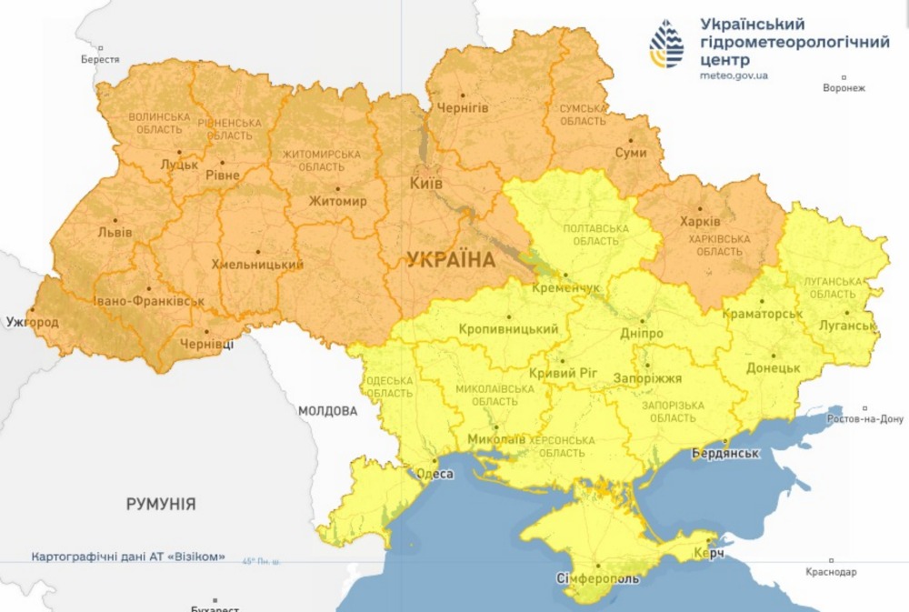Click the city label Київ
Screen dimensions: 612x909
425,183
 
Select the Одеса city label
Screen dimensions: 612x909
434,473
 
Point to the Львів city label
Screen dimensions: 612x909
115,232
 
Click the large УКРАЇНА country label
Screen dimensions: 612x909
451,260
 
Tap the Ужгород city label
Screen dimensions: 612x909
32,323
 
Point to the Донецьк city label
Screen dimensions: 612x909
773,368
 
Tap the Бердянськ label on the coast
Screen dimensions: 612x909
724,452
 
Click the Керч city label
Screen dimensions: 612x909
710,554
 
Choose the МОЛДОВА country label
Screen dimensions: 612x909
327,411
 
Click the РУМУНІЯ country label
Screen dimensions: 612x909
161,504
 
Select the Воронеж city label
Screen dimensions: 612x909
844,88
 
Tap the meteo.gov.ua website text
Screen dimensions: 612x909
734,75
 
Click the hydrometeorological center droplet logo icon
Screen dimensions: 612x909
666,45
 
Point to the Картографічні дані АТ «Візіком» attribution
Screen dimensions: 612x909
127,557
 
